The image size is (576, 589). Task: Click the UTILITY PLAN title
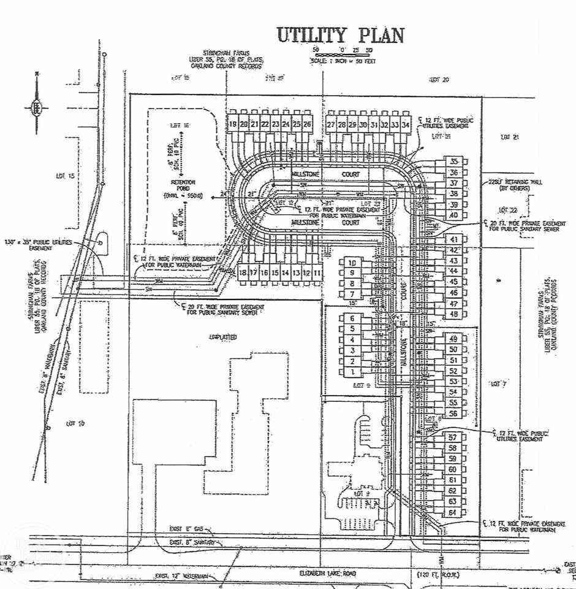(340, 35)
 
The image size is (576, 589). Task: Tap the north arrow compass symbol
(37, 108)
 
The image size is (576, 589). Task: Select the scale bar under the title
(343, 55)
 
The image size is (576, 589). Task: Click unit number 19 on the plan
(233, 125)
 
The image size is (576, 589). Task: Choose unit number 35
(454, 162)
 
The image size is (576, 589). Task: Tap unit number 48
(454, 315)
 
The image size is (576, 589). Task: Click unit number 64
(453, 513)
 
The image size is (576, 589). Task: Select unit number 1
(352, 372)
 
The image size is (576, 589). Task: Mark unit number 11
(317, 272)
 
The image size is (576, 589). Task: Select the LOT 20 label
(439, 80)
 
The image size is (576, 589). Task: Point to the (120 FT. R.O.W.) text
(439, 574)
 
